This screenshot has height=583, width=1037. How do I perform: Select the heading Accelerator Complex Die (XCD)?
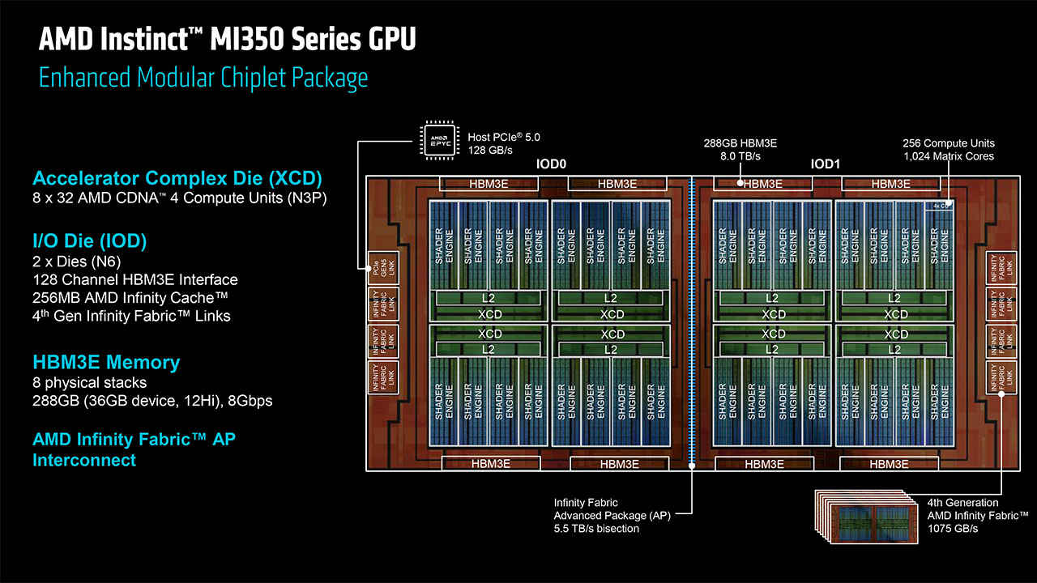177,178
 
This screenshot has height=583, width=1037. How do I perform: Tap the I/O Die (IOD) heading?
89,241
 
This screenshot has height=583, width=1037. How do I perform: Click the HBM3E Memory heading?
106,362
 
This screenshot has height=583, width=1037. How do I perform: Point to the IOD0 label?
550,164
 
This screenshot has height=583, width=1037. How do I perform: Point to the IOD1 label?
826,164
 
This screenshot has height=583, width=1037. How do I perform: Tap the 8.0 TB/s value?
740,156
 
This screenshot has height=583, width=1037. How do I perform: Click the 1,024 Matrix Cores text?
948,156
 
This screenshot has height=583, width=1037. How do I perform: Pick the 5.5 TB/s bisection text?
596,529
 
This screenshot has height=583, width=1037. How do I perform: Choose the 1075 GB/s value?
953,529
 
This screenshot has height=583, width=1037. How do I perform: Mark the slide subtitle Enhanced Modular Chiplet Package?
203,78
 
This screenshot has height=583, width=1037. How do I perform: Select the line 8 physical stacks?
90,382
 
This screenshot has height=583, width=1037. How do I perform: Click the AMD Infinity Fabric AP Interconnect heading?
134,449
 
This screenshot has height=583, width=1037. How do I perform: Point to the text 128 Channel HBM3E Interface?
135,279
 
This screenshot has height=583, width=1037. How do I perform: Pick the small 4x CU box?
941,206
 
